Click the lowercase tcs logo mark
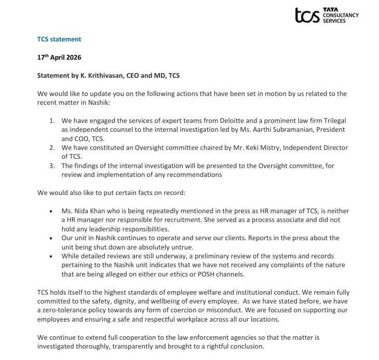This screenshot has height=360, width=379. [x=307, y=15]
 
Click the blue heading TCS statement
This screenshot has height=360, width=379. [x=59, y=39]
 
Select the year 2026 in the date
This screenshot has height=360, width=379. [x=72, y=58]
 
